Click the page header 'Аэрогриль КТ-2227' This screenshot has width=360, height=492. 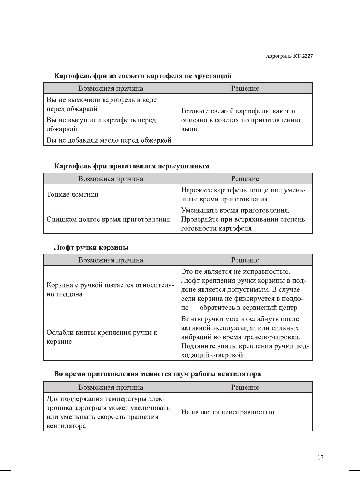pyautogui.click(x=289, y=56)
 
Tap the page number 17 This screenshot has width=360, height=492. pyautogui.click(x=320, y=457)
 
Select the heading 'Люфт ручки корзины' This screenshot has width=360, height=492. pyautogui.click(x=91, y=247)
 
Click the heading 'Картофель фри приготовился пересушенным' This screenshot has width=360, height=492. pyautogui.click(x=131, y=166)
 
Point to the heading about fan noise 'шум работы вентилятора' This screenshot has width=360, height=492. pyautogui.click(x=157, y=374)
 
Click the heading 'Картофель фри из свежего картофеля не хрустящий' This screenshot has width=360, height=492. pyautogui.click(x=143, y=76)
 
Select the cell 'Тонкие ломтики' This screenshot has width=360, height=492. pyautogui.click(x=72, y=195)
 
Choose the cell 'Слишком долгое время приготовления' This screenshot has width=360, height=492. pyautogui.click(x=108, y=219)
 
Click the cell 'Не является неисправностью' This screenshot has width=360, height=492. pyautogui.click(x=227, y=412)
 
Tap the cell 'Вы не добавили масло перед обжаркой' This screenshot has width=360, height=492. pyautogui.click(x=109, y=140)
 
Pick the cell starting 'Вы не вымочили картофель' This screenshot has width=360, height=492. pyautogui.click(x=101, y=104)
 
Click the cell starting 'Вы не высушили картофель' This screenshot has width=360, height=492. pyautogui.click(x=101, y=125)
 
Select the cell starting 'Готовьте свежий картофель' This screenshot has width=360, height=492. pyautogui.click(x=240, y=120)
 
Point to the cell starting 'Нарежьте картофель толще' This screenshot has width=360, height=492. pyautogui.click(x=243, y=195)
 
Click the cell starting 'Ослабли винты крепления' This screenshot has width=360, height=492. pyautogui.click(x=102, y=337)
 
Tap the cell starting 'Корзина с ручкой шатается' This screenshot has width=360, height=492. pyautogui.click(x=110, y=289)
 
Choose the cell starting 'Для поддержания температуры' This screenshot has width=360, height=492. pyautogui.click(x=108, y=412)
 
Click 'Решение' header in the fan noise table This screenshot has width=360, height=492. pyautogui.click(x=245, y=387)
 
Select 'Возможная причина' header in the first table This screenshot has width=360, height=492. pyautogui.click(x=111, y=88)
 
